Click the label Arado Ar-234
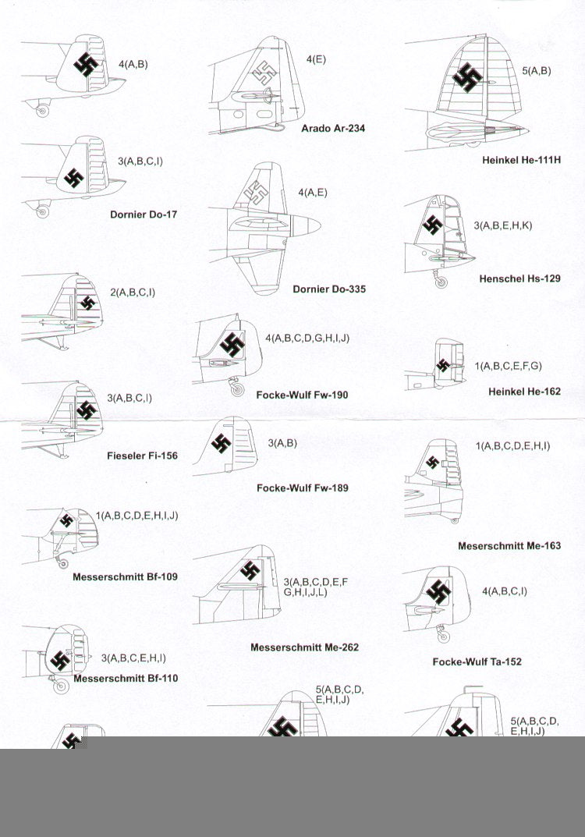[x=333, y=128]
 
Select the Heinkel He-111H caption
[x=522, y=160]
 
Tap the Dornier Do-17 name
[x=144, y=215]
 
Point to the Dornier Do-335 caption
[x=329, y=289]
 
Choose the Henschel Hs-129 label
[x=520, y=278]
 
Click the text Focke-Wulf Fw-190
[x=302, y=395]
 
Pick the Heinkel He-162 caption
[x=525, y=392]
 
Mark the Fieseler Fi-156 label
[x=143, y=456]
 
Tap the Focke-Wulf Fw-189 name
[x=303, y=488]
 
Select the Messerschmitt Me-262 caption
[x=305, y=647]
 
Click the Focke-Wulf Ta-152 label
[x=477, y=662]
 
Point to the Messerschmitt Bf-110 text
[x=126, y=679]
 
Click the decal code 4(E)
[x=316, y=59]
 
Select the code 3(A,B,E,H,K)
[x=503, y=225]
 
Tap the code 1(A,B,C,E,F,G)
[x=508, y=366]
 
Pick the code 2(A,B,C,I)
[x=133, y=293]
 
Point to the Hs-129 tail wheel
[x=441, y=282]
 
